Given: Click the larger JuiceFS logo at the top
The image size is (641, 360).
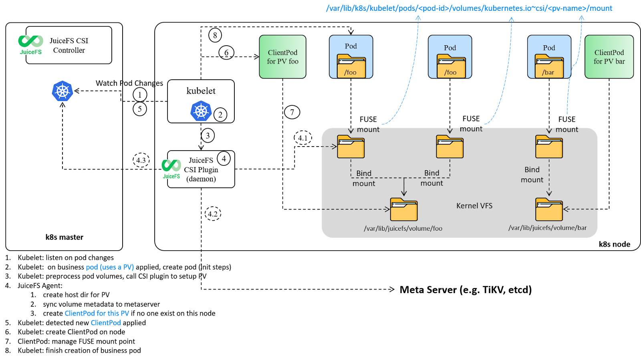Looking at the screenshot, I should (x=30, y=44).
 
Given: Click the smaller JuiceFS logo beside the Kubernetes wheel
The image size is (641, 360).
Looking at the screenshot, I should (x=171, y=169).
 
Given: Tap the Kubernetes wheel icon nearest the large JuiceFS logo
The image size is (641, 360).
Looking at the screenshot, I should (x=62, y=91).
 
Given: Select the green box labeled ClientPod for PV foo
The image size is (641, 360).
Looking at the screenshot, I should (x=282, y=56).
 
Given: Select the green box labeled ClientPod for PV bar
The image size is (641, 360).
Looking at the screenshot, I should (x=609, y=56).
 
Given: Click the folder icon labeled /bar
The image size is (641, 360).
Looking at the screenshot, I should (x=549, y=66).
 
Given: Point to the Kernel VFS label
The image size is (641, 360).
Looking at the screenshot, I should (x=474, y=206).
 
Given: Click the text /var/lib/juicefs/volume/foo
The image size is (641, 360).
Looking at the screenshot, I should (x=403, y=229).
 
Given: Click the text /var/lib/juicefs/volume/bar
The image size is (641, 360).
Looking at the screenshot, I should (x=547, y=228).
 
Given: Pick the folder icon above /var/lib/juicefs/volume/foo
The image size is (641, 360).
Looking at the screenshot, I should (x=404, y=209).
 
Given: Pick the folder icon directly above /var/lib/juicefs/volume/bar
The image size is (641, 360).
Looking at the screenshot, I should (x=549, y=209).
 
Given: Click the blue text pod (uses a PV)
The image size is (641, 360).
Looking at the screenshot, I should (x=110, y=267).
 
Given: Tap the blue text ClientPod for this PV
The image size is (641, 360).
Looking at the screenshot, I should (x=97, y=313).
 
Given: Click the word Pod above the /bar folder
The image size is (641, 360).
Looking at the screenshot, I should (x=549, y=48).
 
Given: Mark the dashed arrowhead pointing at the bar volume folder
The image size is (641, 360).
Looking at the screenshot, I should (x=566, y=209).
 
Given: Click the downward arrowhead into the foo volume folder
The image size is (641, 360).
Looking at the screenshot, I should (x=404, y=193).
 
